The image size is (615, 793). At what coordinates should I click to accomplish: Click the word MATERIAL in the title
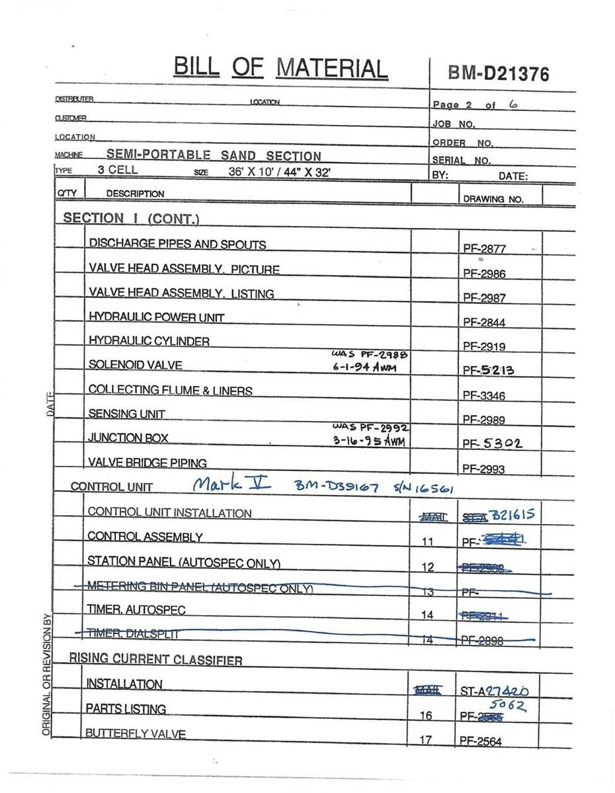tap(331, 68)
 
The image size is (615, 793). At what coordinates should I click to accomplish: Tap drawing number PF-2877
tap(484, 249)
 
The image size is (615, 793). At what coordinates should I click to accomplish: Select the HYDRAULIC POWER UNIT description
tap(157, 317)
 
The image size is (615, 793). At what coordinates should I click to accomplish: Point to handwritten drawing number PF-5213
tap(488, 370)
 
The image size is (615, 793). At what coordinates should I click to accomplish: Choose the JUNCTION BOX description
tap(128, 437)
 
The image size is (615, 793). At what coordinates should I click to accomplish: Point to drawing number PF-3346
tap(484, 395)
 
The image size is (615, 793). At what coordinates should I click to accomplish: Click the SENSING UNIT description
tap(127, 414)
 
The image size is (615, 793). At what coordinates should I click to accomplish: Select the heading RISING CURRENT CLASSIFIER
tap(155, 660)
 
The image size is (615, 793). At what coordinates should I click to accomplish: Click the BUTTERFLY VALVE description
tap(136, 734)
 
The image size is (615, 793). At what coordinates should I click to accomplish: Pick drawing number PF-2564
tap(481, 741)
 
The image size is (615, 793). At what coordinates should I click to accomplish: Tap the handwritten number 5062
tap(511, 706)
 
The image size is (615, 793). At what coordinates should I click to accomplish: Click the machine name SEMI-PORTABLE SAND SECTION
tap(214, 156)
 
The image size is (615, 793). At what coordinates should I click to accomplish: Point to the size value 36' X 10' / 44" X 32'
tap(279, 170)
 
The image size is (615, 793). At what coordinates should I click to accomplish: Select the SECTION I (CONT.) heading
tap(131, 218)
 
